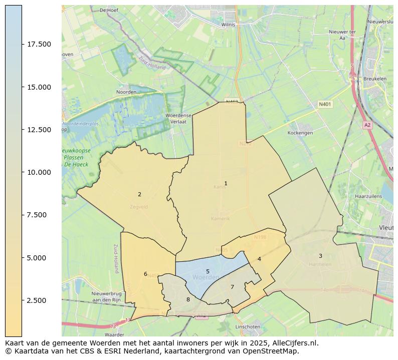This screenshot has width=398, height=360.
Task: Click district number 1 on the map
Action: pyautogui.click(x=226, y=184)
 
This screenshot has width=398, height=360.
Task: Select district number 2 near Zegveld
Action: pyautogui.click(x=139, y=194)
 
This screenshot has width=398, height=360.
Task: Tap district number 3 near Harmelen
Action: pyautogui.click(x=320, y=256)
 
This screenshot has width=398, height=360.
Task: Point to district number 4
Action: pyautogui.click(x=259, y=259)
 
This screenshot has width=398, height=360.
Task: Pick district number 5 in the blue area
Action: pyautogui.click(x=208, y=271)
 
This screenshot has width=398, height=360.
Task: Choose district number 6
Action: pyautogui.click(x=145, y=274)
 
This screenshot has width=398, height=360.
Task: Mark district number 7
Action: pyautogui.click(x=232, y=287)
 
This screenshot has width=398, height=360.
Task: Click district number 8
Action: pyautogui.click(x=188, y=299)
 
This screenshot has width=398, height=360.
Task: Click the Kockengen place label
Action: pyautogui.click(x=300, y=133)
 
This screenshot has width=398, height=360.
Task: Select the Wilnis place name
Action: pyautogui.click(x=229, y=24)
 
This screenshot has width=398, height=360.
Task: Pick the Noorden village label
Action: pyautogui.click(x=126, y=92)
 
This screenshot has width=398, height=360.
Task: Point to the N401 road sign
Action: pyautogui.click(x=325, y=105)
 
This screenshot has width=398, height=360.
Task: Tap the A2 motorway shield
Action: pyautogui.click(x=367, y=125)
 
